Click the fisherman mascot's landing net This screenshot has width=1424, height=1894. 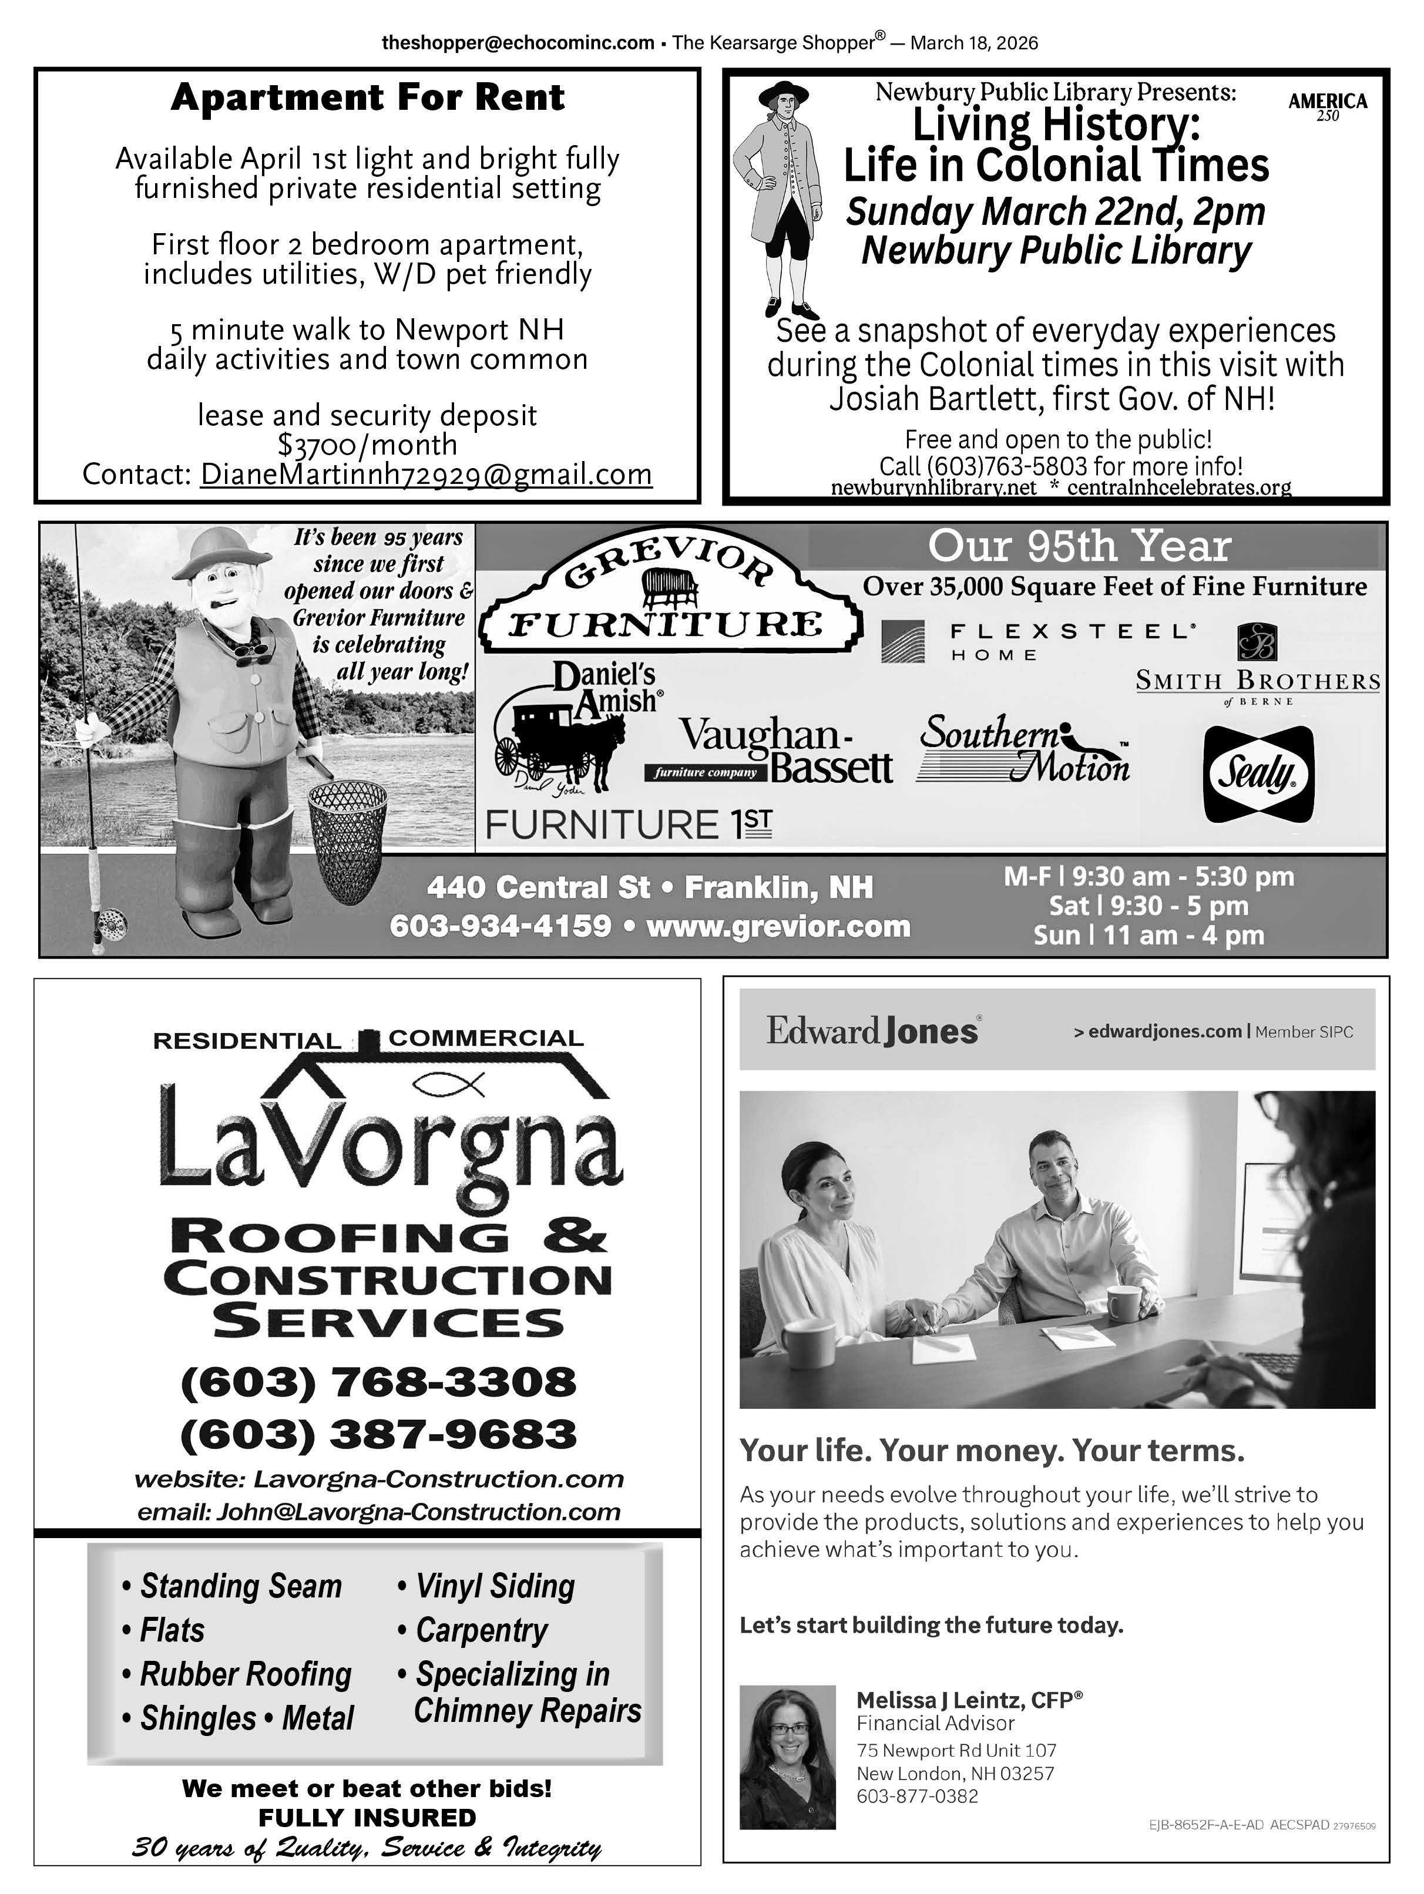[347, 835]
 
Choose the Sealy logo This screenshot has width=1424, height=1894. [1258, 774]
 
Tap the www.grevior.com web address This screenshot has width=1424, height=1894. [778, 927]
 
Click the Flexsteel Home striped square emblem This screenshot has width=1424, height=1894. [904, 641]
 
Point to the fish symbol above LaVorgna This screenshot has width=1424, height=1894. [449, 1086]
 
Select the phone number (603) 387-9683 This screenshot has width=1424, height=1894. [378, 1434]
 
